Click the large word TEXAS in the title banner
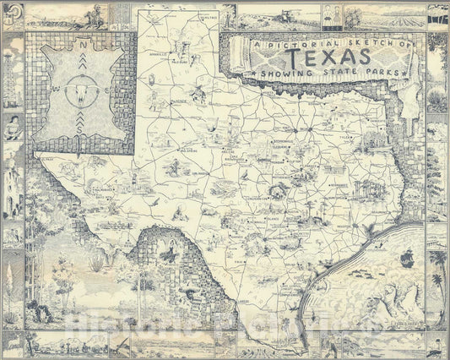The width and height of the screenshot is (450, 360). (328, 57)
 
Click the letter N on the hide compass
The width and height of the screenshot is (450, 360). (82, 46)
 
